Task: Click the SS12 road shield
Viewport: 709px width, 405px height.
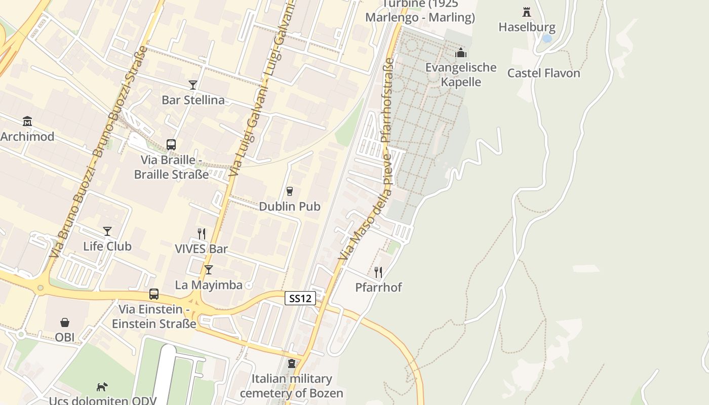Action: tap(300, 298)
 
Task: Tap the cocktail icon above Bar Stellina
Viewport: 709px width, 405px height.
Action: tap(193, 85)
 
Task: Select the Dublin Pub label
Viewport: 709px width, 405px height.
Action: tap(289, 207)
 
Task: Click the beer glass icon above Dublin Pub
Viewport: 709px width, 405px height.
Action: tap(290, 191)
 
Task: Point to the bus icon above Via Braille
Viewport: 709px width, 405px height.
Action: tap(171, 145)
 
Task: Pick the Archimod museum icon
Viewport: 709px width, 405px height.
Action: tap(27, 121)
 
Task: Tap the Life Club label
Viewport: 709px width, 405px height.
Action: tap(107, 247)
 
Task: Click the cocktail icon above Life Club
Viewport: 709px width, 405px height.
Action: tap(107, 231)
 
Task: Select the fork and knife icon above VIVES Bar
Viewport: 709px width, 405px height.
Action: tap(202, 233)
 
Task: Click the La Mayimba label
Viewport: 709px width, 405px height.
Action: tap(209, 285)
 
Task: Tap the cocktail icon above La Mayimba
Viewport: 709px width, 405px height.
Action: tap(208, 270)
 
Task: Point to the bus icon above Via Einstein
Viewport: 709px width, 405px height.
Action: tap(154, 294)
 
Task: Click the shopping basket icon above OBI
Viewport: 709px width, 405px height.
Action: tap(65, 322)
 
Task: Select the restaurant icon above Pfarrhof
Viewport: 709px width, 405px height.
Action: tap(378, 272)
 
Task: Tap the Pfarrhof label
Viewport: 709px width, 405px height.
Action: tap(378, 288)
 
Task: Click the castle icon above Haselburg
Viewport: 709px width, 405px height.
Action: tap(527, 12)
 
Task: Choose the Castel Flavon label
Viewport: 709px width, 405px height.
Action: tap(544, 73)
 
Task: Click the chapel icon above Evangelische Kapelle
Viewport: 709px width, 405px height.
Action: tap(461, 53)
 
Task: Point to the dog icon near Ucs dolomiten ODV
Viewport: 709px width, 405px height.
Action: tap(102, 387)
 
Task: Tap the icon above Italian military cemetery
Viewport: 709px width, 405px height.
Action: tap(292, 363)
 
